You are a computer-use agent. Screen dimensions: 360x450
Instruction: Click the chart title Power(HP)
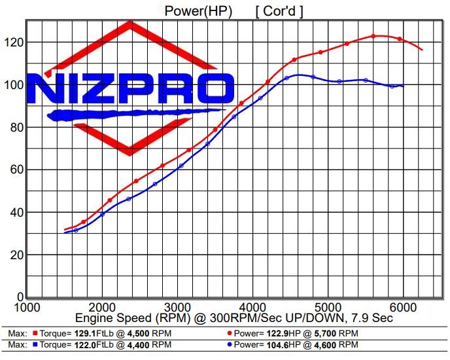tap(197, 10)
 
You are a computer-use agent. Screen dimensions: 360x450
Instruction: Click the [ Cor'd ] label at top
tap(279, 10)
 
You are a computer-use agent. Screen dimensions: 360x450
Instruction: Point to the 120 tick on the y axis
tap(12, 43)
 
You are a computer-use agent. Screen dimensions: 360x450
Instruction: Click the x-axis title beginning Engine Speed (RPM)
tap(234, 318)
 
